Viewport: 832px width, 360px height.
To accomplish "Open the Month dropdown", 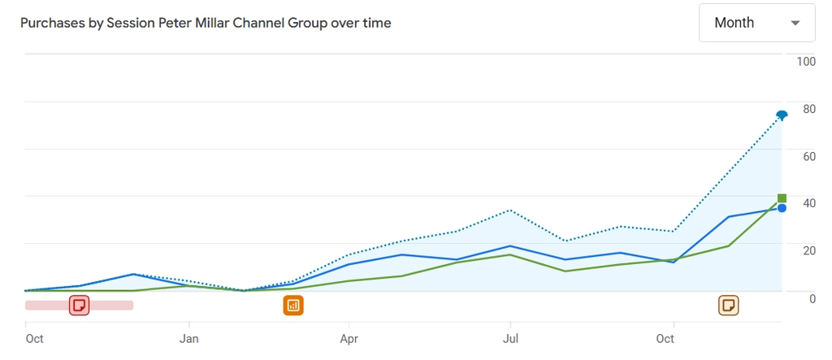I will click(756, 23).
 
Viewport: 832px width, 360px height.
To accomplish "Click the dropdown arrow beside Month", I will click(795, 23).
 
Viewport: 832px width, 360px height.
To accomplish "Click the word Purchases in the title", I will click(51, 23).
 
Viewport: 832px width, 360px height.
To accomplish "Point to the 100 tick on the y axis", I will click(806, 62).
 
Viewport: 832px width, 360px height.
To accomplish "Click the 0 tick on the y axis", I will click(812, 298).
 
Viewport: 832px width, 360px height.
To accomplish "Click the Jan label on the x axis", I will click(189, 339).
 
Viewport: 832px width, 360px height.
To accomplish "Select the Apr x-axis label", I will click(349, 339).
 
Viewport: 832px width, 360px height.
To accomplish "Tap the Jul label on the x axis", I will click(510, 339).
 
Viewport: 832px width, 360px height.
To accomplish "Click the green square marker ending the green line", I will click(782, 198).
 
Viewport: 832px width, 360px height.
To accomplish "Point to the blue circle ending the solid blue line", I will click(782, 208).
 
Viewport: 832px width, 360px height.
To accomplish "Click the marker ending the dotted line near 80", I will click(782, 115).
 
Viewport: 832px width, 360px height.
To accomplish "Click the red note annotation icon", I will click(79, 305).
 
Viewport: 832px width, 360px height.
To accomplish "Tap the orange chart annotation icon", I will click(293, 306).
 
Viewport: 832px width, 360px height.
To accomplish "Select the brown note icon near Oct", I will click(729, 305).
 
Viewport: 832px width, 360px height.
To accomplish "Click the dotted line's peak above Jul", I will click(510, 210).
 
